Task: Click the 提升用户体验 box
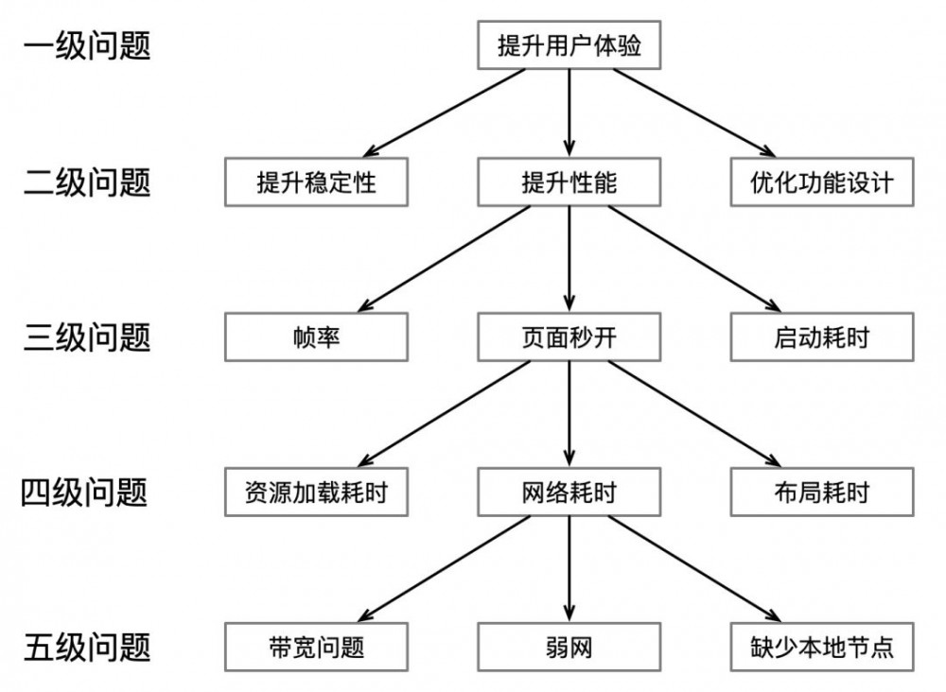coord(569,45)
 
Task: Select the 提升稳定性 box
coord(316,182)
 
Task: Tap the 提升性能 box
coord(569,182)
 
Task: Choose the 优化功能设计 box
coord(822,182)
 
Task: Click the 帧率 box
coord(316,337)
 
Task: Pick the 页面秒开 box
coord(569,337)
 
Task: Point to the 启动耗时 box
coord(822,337)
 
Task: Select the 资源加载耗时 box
coord(316,493)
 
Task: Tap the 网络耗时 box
coord(569,493)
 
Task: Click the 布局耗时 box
coord(822,493)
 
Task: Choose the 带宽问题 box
coord(316,648)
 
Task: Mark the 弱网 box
coord(569,648)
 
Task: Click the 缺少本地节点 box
coord(822,648)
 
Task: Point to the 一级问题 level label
coord(86,45)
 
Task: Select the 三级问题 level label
coord(86,337)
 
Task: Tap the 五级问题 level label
coord(86,648)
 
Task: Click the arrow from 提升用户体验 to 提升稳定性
coord(445,112)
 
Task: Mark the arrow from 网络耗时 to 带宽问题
coord(445,570)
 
